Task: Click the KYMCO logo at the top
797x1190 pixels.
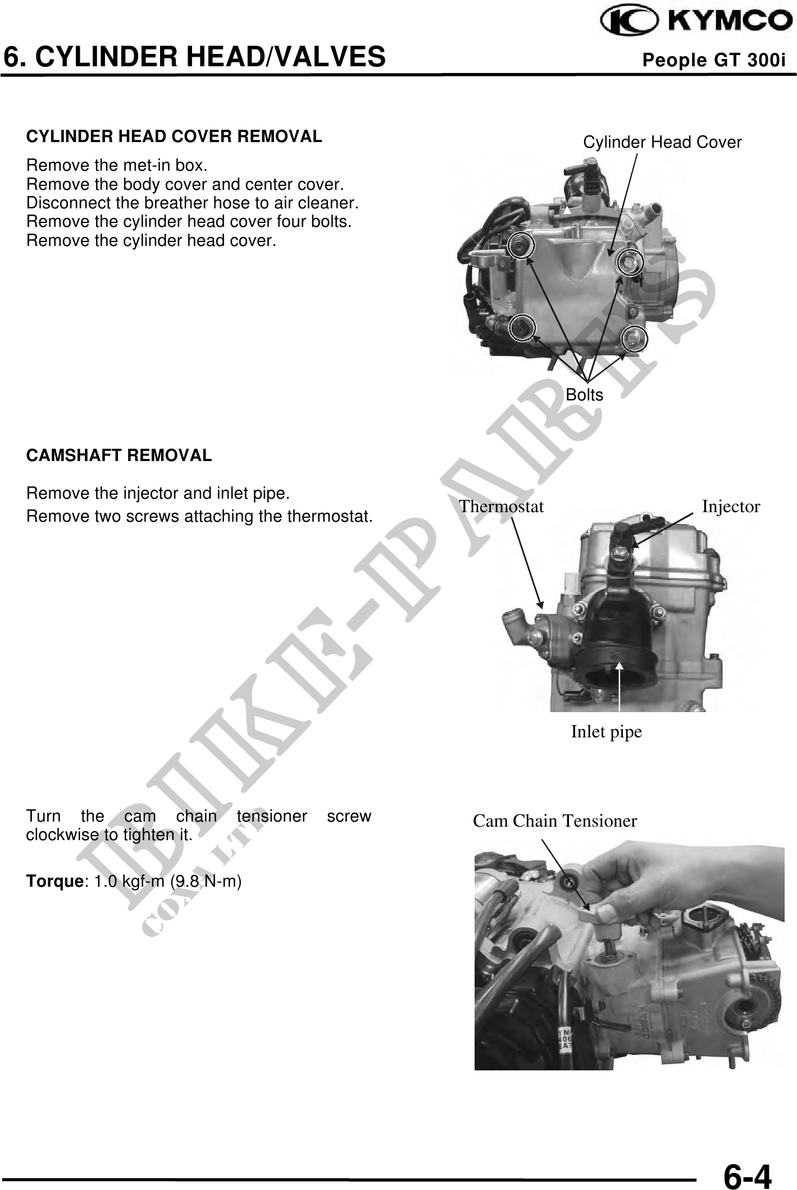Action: (x=694, y=22)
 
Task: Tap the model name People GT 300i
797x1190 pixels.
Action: (x=713, y=60)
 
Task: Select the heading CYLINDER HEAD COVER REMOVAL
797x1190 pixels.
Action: (x=174, y=136)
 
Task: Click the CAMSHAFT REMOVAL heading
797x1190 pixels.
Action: (x=119, y=455)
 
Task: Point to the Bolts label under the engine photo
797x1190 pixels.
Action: (x=584, y=395)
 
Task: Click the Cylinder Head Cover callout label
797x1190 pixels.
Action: (x=662, y=143)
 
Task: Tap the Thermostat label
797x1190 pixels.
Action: (x=502, y=507)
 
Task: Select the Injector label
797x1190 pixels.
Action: (x=731, y=507)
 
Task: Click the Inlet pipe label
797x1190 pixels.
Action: (x=606, y=732)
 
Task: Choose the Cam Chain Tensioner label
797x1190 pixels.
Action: (x=555, y=821)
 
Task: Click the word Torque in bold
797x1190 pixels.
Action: (x=54, y=882)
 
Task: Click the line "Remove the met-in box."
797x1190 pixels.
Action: (x=117, y=166)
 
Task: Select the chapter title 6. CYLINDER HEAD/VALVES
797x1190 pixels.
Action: (x=194, y=57)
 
